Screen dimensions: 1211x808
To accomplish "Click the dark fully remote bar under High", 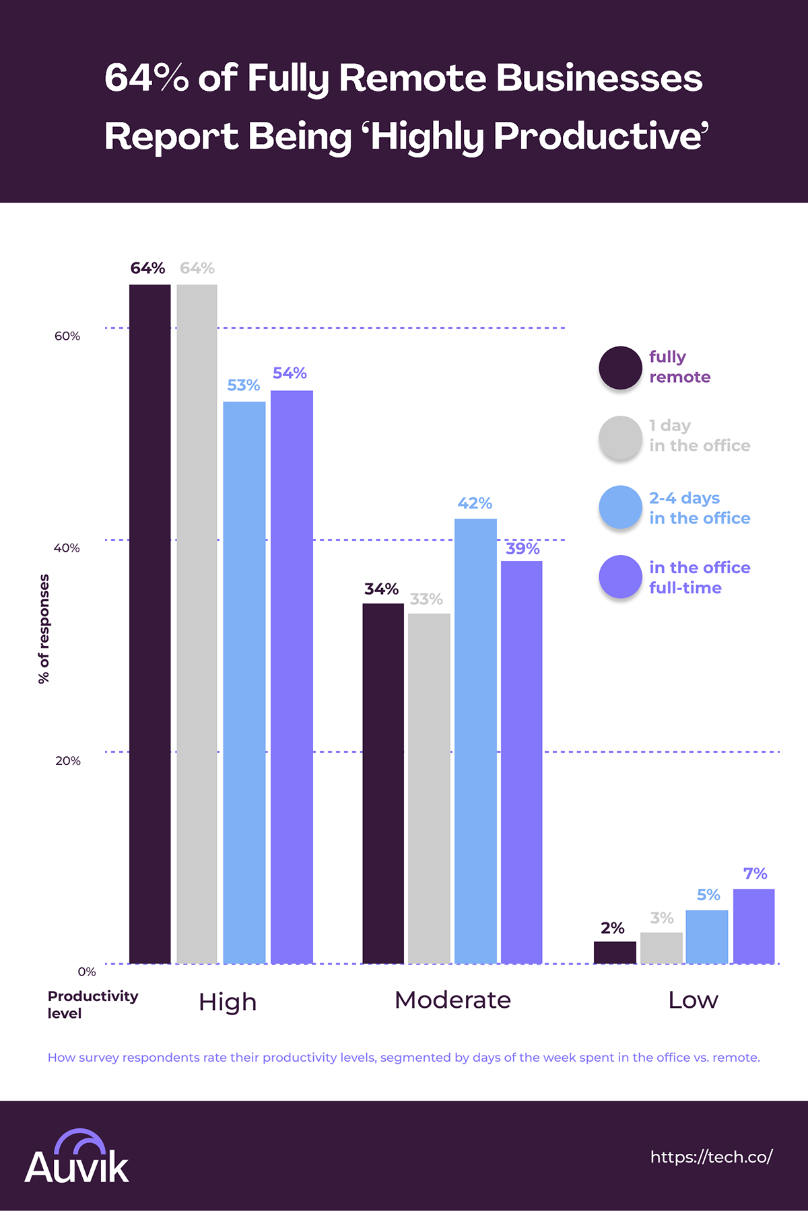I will (149, 624).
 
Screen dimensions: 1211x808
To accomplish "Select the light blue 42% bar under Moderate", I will (475, 740).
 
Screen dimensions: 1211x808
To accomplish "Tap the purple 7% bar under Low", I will (753, 926).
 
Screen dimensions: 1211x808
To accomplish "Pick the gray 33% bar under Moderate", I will (429, 788).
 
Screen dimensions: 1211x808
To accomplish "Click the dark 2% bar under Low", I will (615, 952).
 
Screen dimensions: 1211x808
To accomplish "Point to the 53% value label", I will (243, 386).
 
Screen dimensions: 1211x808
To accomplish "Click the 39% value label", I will (523, 549).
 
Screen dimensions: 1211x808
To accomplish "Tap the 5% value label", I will (708, 895).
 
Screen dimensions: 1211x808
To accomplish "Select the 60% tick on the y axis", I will (67, 336).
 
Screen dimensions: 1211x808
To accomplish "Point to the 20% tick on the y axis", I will (68, 761).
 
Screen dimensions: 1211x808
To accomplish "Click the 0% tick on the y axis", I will (87, 971).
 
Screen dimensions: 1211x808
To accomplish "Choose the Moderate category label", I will (452, 1000).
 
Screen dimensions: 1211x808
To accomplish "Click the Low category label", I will (693, 1000).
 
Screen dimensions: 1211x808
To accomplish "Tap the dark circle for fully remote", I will (620, 368).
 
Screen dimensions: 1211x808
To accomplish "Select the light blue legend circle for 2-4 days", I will (620, 507).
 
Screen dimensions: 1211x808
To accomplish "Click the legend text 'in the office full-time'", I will (699, 577).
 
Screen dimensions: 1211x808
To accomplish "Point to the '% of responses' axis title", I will (44, 629).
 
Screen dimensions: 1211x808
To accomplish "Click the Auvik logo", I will (77, 1159).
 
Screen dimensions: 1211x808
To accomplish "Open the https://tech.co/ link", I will (711, 1157).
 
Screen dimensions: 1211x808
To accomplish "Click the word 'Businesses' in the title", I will (599, 78).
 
